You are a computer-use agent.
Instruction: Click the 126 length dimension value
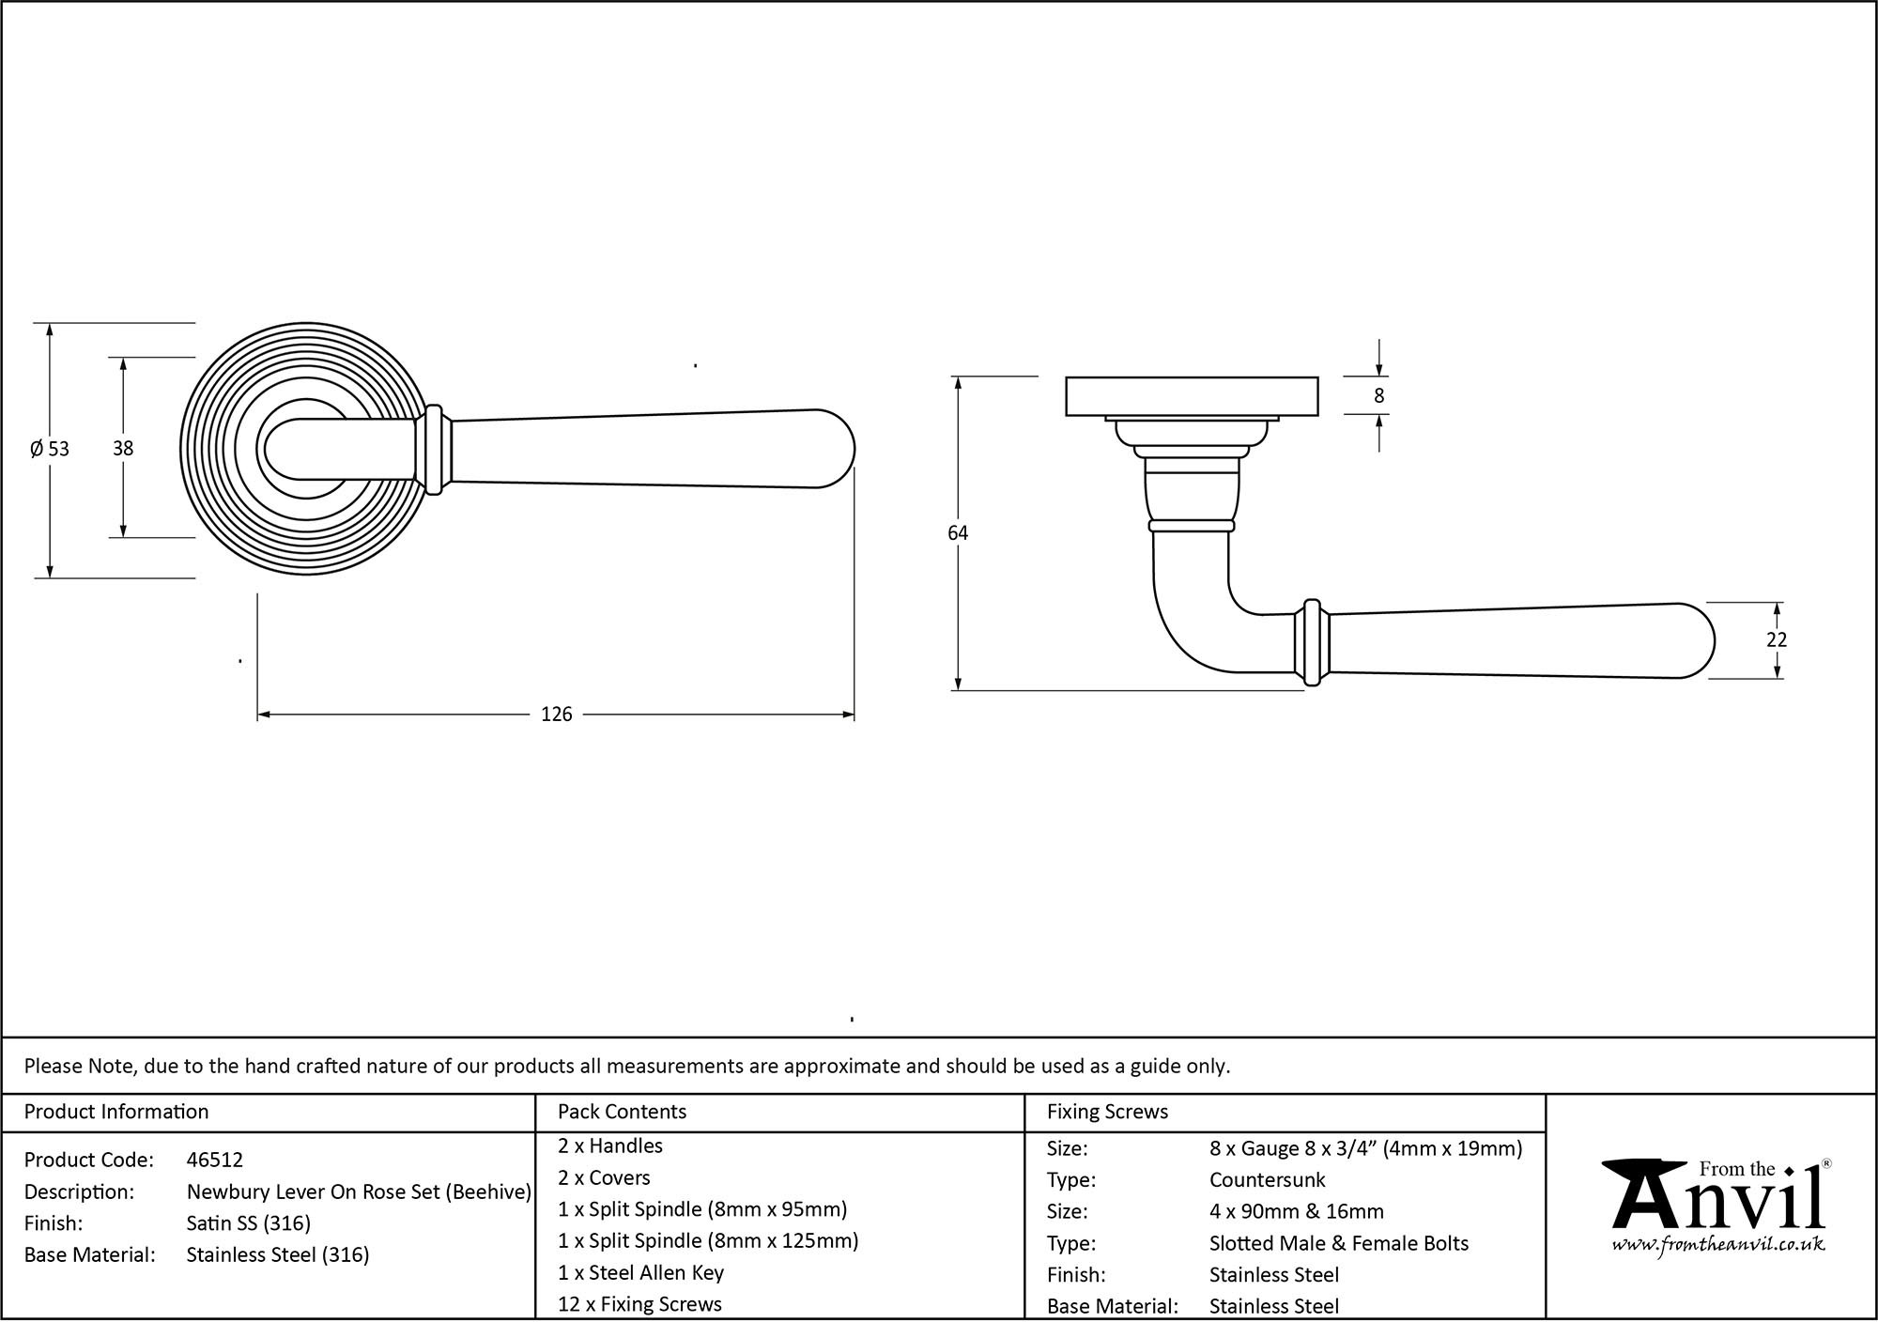click(556, 715)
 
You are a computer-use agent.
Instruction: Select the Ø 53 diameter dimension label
click(50, 449)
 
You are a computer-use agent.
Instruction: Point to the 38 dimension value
click(123, 449)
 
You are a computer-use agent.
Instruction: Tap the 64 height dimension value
click(957, 533)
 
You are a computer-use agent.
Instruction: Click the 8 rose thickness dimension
click(1378, 396)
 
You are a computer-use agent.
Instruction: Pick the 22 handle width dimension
click(1776, 639)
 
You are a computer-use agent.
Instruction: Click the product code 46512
click(215, 1160)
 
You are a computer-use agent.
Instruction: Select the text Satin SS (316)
click(249, 1223)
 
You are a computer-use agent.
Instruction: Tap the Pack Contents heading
click(622, 1112)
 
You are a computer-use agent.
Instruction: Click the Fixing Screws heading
click(1107, 1112)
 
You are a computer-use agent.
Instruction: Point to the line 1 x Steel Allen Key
click(640, 1272)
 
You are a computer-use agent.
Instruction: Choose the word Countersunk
click(1267, 1179)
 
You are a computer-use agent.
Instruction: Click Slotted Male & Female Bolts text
click(1338, 1243)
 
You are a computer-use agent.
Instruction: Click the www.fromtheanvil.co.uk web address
click(1717, 1245)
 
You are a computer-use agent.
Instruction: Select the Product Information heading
click(116, 1112)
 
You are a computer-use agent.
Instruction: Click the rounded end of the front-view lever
click(836, 449)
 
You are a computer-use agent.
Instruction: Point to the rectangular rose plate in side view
click(1192, 396)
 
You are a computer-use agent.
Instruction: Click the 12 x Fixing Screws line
click(639, 1304)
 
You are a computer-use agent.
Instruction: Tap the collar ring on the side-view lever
click(1312, 642)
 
